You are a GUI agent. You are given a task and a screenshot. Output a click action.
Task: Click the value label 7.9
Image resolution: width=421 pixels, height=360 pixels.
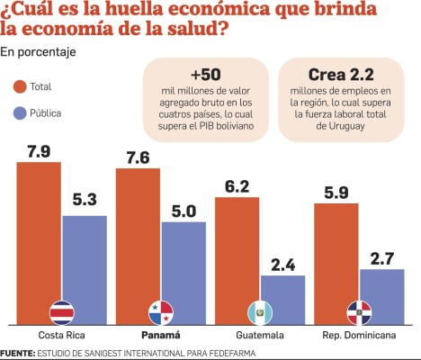tap(39, 150)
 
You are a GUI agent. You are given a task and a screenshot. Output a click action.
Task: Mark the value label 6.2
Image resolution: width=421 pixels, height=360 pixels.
tap(237, 186)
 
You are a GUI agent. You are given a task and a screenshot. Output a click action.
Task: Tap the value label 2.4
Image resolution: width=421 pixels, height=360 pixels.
tap(282, 265)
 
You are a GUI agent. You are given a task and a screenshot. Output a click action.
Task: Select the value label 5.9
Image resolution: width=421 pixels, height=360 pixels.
tap(336, 192)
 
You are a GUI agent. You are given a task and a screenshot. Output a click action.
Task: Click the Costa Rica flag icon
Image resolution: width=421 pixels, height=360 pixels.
tap(61, 312)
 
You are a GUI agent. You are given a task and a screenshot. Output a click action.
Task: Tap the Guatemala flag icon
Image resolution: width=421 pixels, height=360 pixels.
tap(260, 312)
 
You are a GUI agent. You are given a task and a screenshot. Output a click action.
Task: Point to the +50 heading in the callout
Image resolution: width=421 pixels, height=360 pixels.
tap(206, 74)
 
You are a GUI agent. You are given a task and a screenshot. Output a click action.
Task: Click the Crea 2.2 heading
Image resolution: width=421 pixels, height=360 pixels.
tap(341, 74)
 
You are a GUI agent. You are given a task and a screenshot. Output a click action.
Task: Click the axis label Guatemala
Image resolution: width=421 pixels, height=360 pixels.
tap(259, 337)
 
